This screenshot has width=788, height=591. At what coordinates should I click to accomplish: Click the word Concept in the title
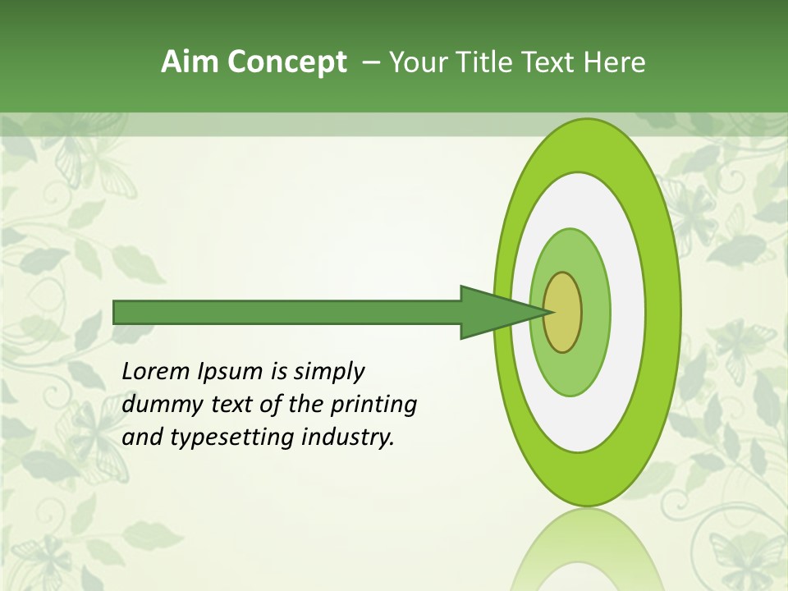pos(286,62)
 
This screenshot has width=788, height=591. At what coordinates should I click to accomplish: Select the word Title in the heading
pos(485,62)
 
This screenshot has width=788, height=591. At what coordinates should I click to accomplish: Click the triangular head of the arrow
pos(492,312)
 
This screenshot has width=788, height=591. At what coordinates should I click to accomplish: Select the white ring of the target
pos(628,312)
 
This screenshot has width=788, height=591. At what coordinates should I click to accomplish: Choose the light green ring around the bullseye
pos(595,312)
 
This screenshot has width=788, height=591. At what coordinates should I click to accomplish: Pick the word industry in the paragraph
pos(348,438)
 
